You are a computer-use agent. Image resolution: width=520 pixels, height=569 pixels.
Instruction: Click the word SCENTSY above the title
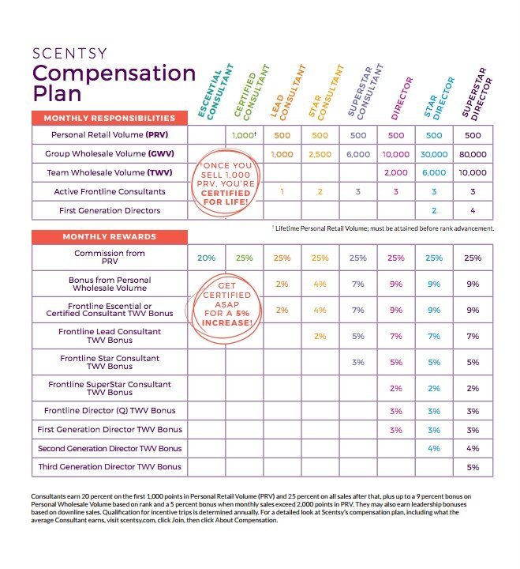69,54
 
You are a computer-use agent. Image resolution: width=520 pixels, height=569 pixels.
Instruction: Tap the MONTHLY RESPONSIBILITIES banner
110,118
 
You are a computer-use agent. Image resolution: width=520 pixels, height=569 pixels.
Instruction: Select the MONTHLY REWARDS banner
110,237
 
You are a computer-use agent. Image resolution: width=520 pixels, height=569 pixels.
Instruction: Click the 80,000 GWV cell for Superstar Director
473,154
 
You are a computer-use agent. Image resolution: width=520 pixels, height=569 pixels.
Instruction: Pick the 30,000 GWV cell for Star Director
434,154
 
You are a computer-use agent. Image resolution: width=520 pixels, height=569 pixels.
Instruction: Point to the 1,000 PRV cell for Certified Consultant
245,135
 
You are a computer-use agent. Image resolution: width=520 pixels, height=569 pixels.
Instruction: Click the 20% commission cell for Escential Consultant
207,258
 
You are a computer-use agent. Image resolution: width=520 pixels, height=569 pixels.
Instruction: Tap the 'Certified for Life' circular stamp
226,183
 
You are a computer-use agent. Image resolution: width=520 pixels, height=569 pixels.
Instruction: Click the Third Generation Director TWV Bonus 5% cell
473,467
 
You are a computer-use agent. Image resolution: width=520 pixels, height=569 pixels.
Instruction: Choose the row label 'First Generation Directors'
110,210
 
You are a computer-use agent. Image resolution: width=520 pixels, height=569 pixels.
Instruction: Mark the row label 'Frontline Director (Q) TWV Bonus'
110,410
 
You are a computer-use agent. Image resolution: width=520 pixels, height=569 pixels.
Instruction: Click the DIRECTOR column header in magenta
402,98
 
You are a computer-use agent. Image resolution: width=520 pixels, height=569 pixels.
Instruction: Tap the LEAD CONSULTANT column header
288,92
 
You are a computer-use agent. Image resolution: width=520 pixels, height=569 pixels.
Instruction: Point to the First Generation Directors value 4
473,210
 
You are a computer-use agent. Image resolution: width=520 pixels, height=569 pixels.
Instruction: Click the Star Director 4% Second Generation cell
434,449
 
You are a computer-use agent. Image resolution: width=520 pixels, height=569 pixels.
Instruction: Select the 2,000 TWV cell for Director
396,173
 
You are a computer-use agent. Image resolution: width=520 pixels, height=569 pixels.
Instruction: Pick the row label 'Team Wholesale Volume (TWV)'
110,173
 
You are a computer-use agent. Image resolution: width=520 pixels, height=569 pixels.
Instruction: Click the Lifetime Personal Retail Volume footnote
383,228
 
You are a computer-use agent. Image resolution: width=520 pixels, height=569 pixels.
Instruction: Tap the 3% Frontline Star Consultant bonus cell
358,362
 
